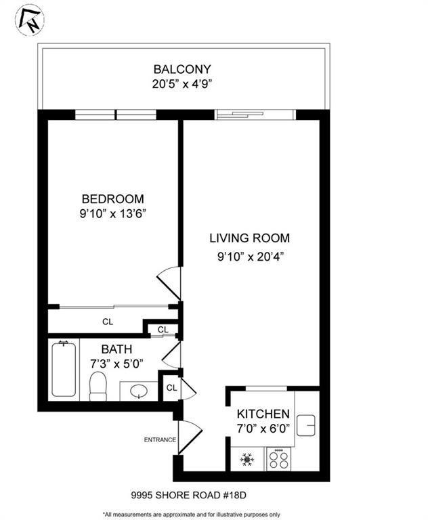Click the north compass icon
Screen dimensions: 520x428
click(29, 20)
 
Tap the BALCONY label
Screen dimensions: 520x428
click(182, 69)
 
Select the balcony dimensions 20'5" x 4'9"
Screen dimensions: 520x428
click(182, 85)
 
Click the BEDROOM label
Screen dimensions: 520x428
click(112, 199)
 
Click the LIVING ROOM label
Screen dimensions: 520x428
click(249, 238)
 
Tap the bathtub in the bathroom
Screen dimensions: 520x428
click(64, 369)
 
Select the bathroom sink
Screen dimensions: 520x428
click(140, 391)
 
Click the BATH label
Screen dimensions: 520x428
click(116, 350)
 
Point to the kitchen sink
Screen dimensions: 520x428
click(307, 424)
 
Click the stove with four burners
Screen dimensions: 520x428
click(278, 460)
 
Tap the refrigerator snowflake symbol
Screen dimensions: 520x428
click(247, 460)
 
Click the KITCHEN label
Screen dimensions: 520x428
click(263, 414)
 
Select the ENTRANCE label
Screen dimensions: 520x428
click(160, 440)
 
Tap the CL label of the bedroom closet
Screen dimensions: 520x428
click(108, 322)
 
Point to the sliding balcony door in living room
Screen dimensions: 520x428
click(255, 114)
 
